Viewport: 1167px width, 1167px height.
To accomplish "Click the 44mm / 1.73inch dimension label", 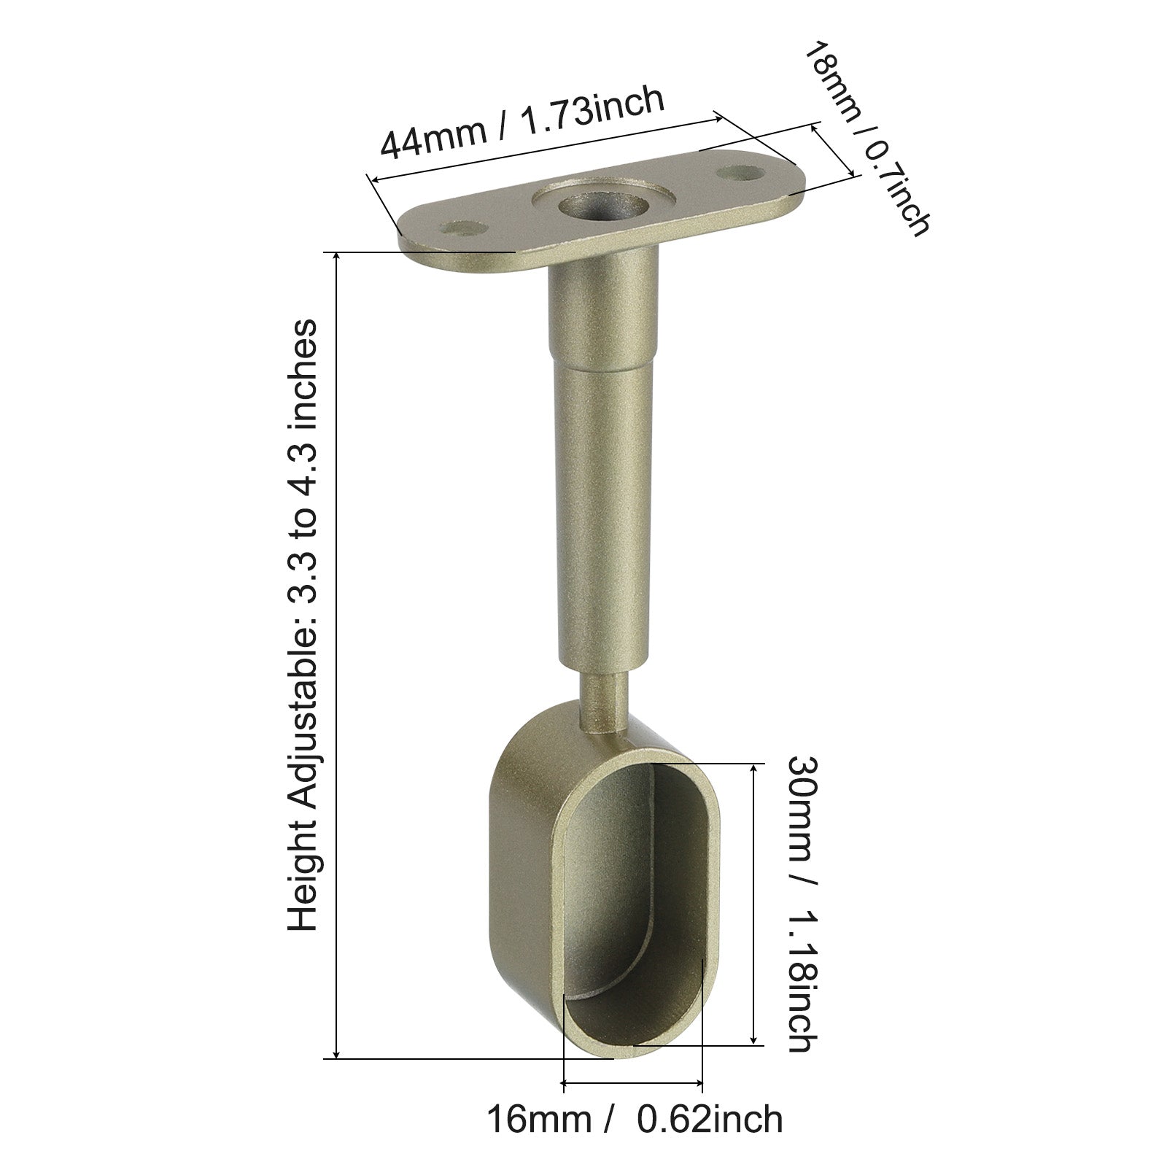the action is click(x=522, y=122).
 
